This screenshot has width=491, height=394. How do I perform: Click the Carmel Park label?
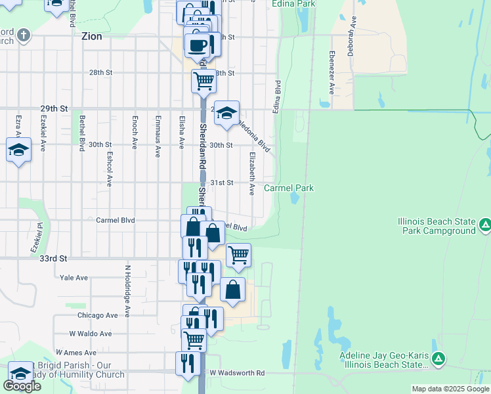[289, 188]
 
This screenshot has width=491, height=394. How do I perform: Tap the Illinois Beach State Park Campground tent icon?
[484, 226]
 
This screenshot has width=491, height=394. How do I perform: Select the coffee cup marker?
[198, 45]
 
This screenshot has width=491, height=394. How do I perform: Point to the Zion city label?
[92, 37]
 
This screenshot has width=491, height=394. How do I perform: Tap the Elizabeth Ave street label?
[252, 173]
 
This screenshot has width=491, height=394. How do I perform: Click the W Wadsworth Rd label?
[237, 373]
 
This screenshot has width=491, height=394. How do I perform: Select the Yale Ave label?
[74, 278]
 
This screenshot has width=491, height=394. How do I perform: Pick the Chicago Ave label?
[97, 315]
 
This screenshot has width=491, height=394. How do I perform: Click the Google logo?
[22, 385]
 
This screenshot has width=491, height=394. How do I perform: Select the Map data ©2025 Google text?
[450, 389]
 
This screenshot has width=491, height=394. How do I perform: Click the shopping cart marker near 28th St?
[204, 81]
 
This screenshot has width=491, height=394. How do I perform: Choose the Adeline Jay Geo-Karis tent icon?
[439, 359]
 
